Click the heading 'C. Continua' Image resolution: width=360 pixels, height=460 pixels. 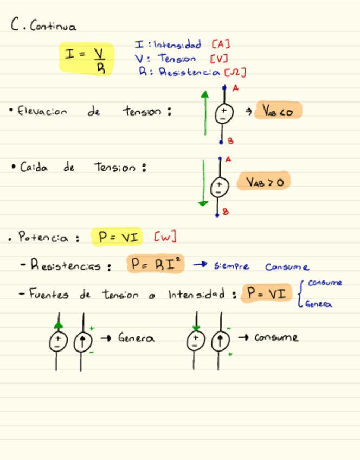(x=44, y=25)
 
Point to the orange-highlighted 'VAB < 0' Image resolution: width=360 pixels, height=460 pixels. (x=278, y=111)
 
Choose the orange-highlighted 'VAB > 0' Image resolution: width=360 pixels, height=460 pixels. (x=265, y=182)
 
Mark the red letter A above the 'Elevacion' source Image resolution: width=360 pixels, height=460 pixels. (x=236, y=87)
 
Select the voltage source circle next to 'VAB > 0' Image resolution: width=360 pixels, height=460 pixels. (x=220, y=187)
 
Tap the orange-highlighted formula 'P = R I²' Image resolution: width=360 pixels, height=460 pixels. (x=156, y=264)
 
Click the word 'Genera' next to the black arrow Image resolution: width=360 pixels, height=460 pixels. (x=136, y=338)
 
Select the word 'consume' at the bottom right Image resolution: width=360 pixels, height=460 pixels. (x=277, y=338)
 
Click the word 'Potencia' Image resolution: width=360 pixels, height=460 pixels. (x=43, y=238)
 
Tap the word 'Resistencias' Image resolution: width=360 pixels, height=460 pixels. (x=68, y=266)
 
